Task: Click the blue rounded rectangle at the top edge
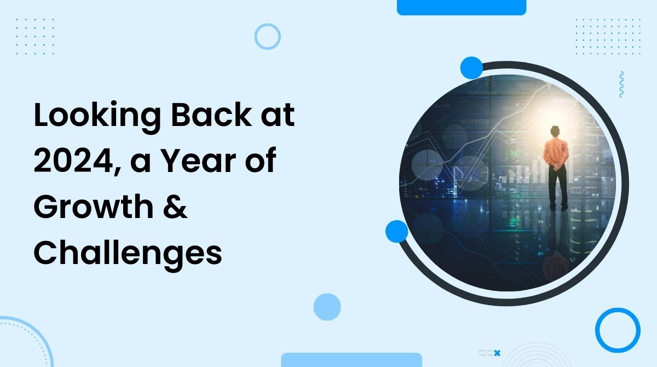461,7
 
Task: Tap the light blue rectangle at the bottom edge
351,360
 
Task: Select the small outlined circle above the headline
268,37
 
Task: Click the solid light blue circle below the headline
327,307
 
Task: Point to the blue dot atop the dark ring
471,68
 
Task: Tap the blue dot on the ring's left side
397,231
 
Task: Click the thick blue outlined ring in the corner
618,330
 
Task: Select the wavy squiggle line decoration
621,85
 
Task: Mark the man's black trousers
557,186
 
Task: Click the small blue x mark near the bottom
497,353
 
